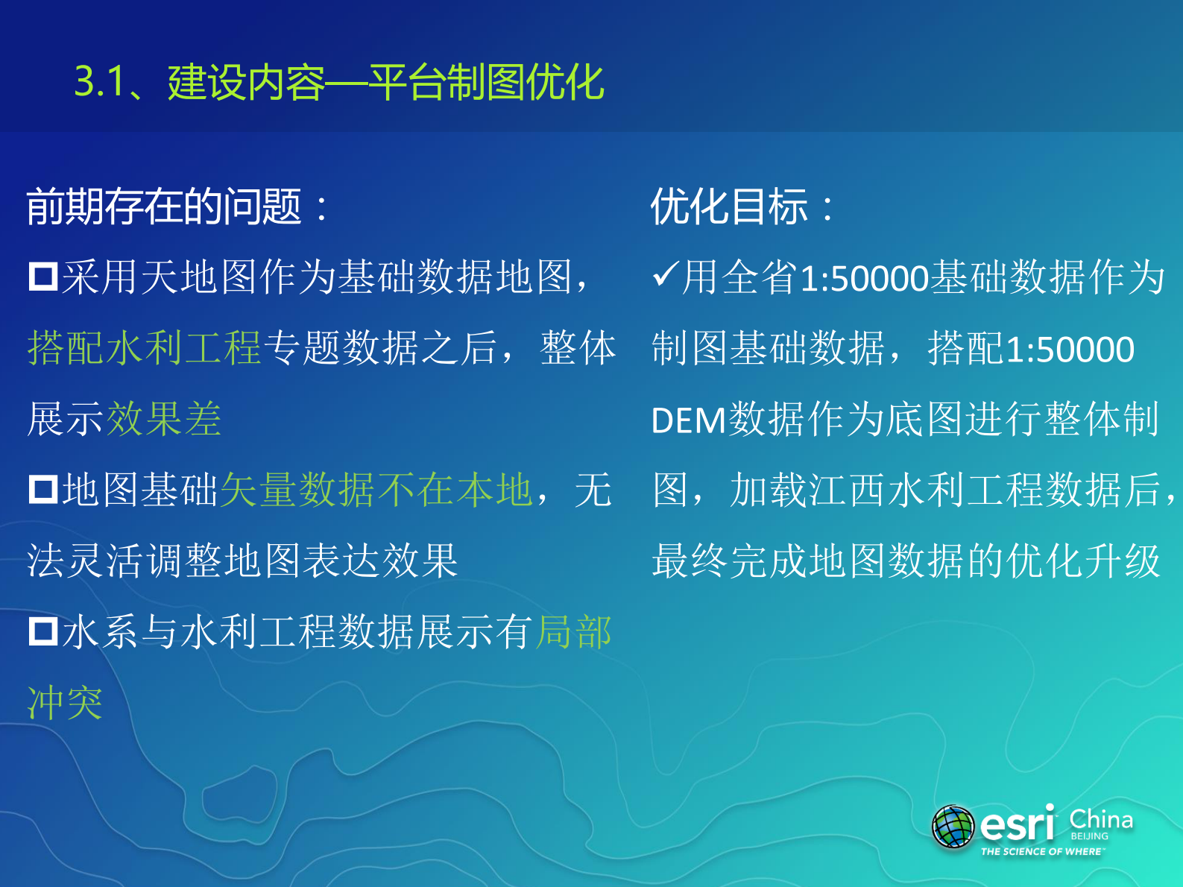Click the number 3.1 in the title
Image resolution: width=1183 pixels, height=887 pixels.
click(99, 81)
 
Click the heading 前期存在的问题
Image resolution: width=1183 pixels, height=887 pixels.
click(164, 206)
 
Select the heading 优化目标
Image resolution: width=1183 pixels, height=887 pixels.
click(729, 206)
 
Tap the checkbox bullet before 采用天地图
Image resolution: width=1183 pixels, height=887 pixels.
click(43, 277)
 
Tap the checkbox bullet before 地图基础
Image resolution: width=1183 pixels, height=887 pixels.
click(43, 490)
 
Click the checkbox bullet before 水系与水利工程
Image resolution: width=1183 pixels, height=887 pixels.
click(43, 631)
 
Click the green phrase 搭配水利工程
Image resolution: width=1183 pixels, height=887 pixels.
click(144, 348)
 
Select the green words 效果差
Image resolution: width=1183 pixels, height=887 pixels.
click(164, 419)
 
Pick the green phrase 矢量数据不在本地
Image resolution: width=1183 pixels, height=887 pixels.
click(376, 490)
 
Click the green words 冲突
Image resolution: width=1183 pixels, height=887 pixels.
click(65, 703)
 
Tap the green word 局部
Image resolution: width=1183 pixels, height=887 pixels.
click(574, 632)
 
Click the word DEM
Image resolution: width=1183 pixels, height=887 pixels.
click(688, 420)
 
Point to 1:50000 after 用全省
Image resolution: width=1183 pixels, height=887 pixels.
click(864, 278)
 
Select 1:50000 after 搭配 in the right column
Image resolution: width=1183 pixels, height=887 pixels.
click(1070, 349)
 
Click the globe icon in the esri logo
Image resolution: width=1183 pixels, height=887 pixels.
click(953, 827)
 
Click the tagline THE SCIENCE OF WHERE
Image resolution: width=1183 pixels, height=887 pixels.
click(1042, 851)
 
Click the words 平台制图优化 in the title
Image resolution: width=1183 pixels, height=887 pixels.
click(486, 81)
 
